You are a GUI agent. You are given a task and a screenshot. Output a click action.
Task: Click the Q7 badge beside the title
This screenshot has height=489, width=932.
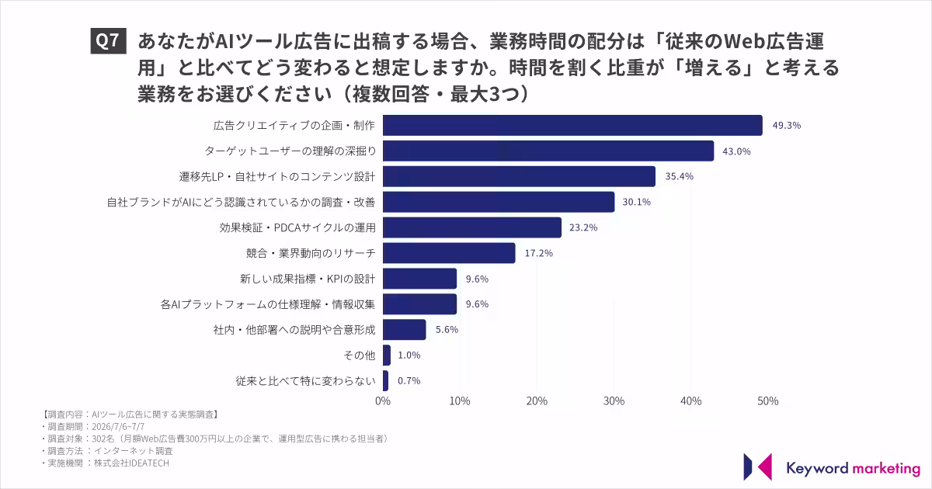coord(108,40)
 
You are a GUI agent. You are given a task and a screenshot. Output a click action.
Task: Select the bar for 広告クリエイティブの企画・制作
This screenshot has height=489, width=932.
coord(572,125)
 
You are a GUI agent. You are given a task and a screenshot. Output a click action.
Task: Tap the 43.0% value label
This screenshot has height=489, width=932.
coord(736,151)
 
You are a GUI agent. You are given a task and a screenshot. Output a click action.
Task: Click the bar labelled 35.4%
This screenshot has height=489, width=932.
coord(520,176)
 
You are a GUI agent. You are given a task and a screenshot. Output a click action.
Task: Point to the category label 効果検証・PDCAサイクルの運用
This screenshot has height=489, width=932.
coord(297,227)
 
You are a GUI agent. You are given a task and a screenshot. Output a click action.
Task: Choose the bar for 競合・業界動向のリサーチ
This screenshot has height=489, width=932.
coord(449,253)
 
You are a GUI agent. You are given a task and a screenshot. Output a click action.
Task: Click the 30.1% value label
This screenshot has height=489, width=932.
coord(636,202)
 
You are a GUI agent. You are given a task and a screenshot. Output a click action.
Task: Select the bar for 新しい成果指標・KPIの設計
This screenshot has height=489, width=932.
coord(420,279)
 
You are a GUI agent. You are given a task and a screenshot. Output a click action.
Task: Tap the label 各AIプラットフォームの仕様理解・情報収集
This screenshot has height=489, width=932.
coord(268,304)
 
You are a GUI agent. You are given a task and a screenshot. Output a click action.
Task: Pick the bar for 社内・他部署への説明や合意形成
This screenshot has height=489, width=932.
coord(405,330)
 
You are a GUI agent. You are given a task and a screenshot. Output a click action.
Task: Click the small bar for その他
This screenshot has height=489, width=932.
coord(387,355)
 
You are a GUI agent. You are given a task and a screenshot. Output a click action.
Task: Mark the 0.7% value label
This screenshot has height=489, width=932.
coord(409,381)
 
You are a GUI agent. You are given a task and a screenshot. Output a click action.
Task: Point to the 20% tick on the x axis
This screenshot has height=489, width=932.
coord(537,401)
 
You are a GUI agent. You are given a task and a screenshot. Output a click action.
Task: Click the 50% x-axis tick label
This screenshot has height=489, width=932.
coord(767,401)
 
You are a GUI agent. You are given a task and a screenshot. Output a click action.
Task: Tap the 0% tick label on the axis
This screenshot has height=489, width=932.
coord(383,401)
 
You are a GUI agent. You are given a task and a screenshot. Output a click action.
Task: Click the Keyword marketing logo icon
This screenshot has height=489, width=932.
coord(757,467)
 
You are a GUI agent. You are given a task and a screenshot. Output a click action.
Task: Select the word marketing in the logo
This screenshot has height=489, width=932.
coord(886,469)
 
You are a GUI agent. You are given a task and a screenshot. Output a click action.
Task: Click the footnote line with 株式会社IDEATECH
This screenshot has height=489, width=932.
coord(106,463)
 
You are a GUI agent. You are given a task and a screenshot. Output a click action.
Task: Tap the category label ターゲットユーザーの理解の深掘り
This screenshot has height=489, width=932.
coord(290,151)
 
